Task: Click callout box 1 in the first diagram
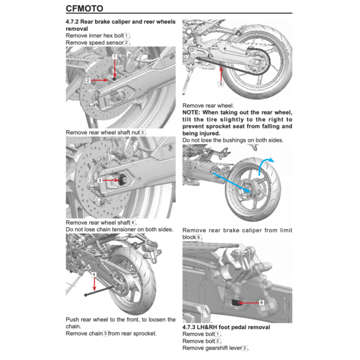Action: [x=115, y=56]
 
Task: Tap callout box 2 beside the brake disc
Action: [x=88, y=81]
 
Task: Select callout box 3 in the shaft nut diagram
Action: [x=100, y=180]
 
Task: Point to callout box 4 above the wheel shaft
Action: [x=94, y=274]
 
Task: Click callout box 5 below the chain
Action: [x=221, y=84]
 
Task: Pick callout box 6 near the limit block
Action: [x=261, y=302]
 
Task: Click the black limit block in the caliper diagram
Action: [x=235, y=302]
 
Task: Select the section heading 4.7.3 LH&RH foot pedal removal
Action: [x=226, y=327]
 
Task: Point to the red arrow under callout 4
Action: [x=94, y=284]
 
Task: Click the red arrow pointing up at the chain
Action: [x=221, y=74]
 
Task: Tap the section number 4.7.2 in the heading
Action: [x=72, y=22]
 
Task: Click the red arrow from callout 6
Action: [x=248, y=302]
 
